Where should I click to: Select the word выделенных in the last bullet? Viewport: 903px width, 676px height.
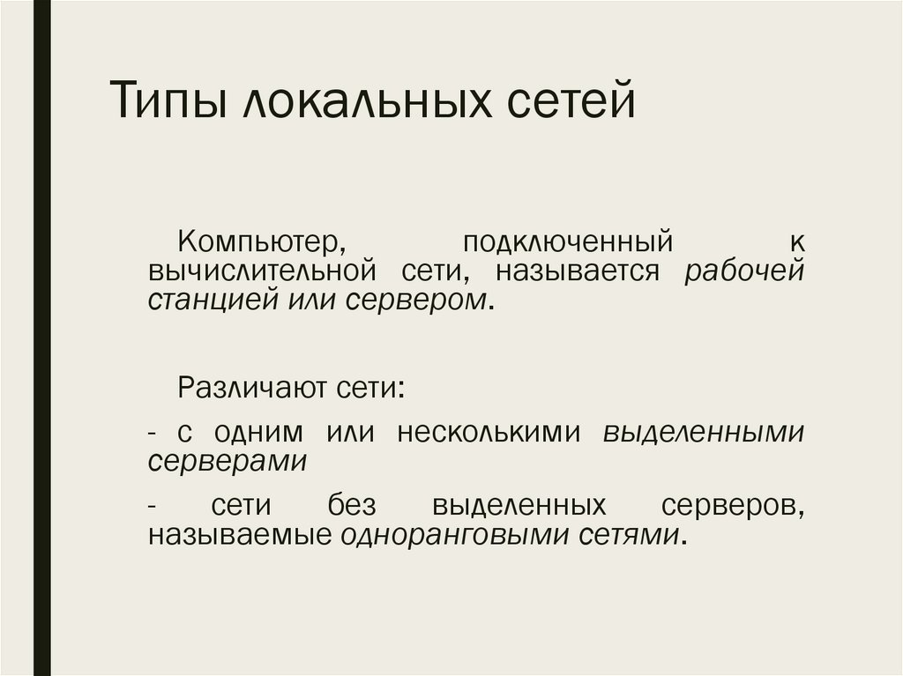click(x=531, y=506)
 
